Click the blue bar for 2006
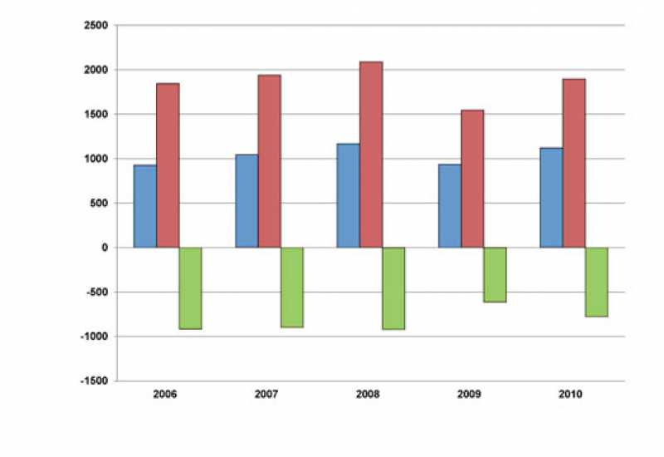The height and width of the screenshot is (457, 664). point(145,206)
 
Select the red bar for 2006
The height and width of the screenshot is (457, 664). point(168,165)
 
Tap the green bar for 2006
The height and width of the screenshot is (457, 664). point(190,287)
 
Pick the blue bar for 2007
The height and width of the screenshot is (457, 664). point(247,201)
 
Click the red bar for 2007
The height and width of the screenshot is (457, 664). point(269,161)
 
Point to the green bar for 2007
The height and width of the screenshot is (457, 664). point(291,287)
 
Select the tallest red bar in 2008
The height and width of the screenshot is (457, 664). point(371,155)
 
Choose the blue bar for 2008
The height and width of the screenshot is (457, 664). point(348,195)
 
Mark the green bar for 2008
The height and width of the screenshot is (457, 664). point(393,287)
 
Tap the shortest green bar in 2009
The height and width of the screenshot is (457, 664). point(495,274)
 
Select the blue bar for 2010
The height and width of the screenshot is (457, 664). point(551,198)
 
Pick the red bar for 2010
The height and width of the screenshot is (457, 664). point(574,163)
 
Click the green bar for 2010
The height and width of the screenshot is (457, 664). point(596,282)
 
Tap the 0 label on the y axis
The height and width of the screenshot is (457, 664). point(105,248)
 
